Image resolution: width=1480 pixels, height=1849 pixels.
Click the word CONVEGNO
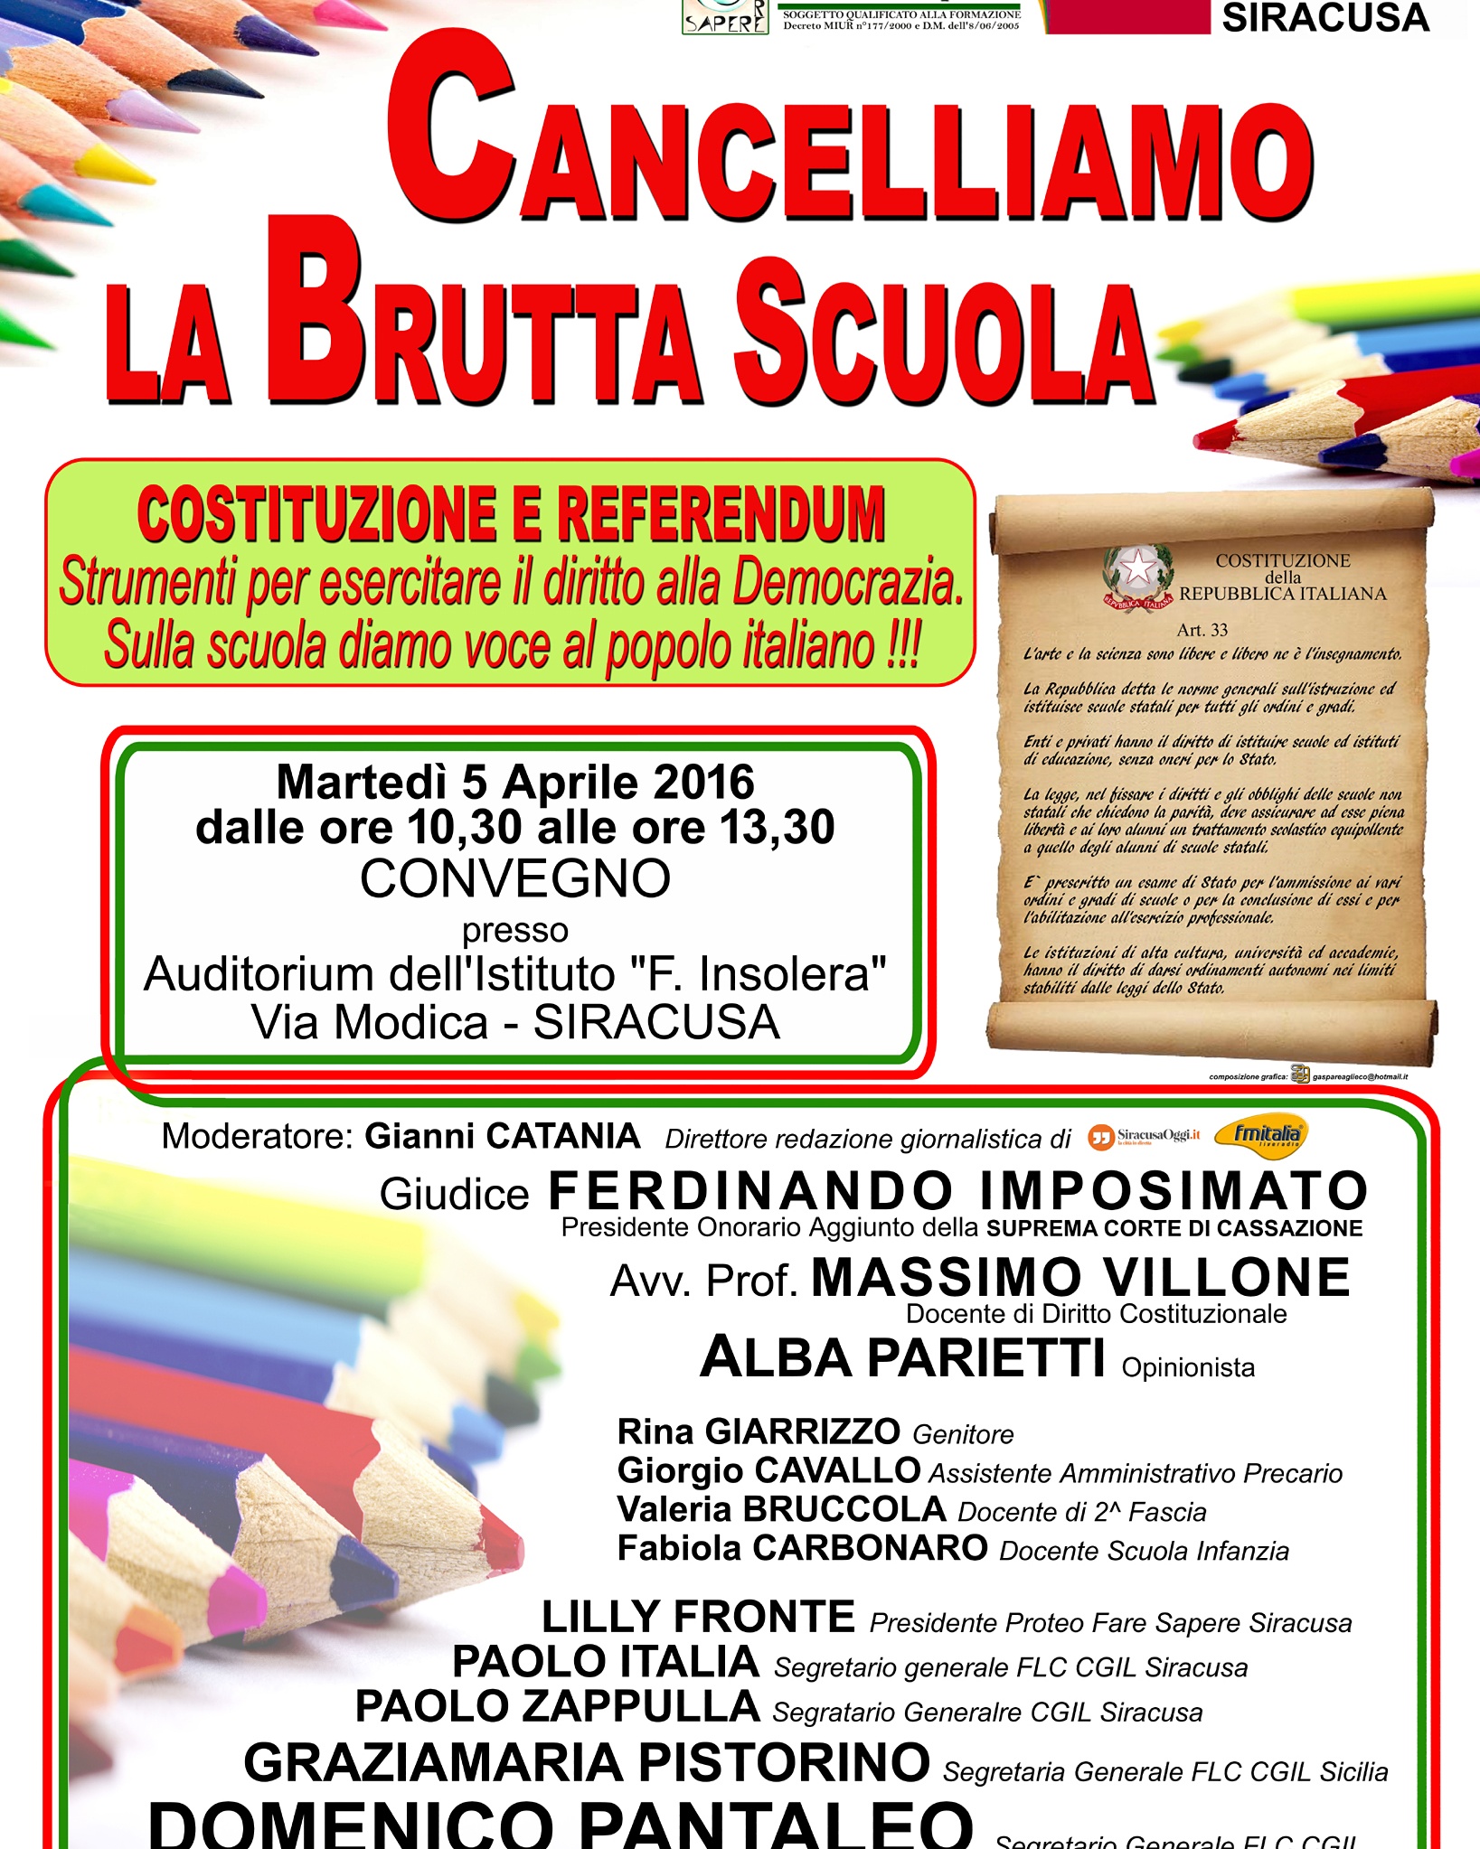click(515, 878)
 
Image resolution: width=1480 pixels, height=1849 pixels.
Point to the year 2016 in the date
click(703, 783)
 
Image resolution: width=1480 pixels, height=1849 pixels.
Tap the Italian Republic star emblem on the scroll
click(1136, 573)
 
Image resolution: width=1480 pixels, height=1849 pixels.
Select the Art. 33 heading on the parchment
click(1202, 630)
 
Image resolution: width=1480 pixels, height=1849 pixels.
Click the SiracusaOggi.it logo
click(1145, 1136)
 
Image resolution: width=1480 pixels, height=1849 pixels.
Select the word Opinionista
click(1188, 1368)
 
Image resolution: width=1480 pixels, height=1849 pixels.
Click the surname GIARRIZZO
click(802, 1431)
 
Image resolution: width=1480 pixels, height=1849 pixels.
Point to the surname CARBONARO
click(870, 1548)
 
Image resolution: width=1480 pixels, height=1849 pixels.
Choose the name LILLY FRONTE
click(698, 1617)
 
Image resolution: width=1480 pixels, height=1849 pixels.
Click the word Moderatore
click(257, 1137)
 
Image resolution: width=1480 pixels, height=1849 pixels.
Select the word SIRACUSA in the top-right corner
click(1325, 18)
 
